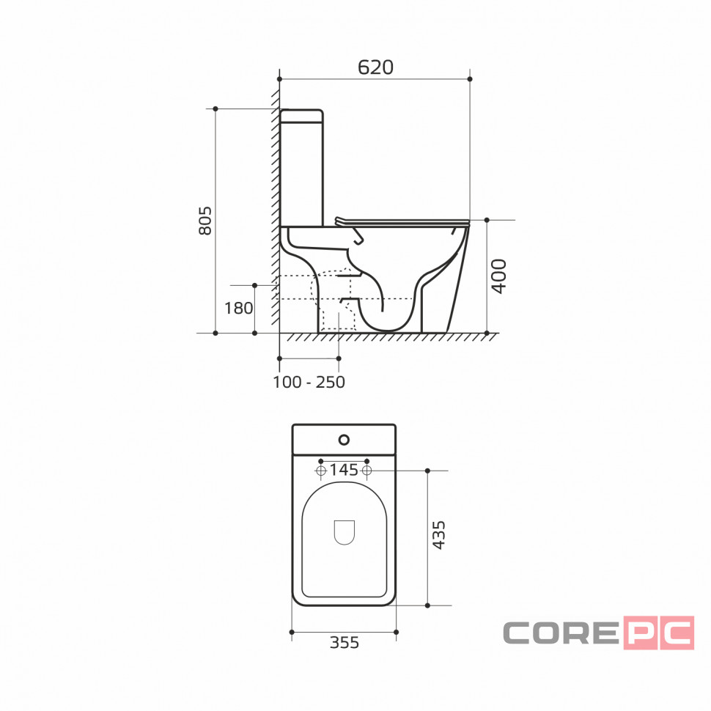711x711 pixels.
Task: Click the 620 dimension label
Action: [375, 67]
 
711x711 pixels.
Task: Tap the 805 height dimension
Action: [205, 221]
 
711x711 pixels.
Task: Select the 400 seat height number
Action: [498, 276]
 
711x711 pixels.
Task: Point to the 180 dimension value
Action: [238, 309]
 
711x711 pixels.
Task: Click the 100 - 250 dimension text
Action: [309, 382]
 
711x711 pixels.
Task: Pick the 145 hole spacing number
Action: [344, 470]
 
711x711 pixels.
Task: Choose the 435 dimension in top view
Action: [438, 535]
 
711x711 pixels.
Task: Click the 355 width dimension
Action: [345, 643]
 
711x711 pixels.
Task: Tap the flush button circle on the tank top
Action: [345, 439]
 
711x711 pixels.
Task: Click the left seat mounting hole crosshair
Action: [321, 471]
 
